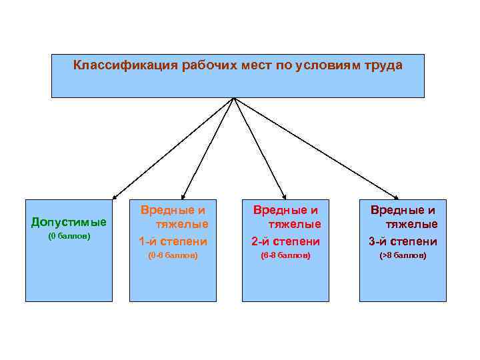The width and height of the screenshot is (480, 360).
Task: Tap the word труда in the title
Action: pos(383,66)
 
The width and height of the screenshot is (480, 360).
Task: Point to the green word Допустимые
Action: pos(69,221)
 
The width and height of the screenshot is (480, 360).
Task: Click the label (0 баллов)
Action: pos(69,237)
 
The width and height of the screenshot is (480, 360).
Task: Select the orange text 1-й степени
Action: pos(173,241)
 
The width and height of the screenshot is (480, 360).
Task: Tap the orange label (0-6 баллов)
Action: pos(173,256)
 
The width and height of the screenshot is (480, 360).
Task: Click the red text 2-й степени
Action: pos(285,241)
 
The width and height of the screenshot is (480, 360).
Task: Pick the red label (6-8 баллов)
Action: pos(285,256)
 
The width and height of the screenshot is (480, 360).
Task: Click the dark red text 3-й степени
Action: pos(403,241)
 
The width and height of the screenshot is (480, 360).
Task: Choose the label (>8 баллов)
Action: pos(403,256)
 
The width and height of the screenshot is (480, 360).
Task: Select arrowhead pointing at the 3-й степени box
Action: pos(396,197)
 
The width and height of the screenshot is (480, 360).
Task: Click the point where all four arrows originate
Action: pos(233,98)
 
